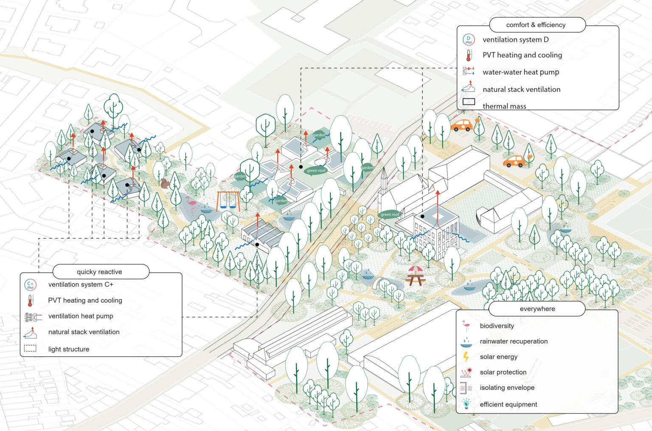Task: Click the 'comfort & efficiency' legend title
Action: coord(536,25)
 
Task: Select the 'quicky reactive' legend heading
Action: coord(99,272)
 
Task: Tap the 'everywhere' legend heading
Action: coord(537,309)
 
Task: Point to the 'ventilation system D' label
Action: coord(515,39)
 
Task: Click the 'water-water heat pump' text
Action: coord(520,72)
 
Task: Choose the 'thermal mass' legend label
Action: coord(504,106)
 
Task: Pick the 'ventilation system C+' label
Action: coord(81,285)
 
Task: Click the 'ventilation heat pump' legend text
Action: coord(81,316)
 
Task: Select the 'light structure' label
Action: coord(69,349)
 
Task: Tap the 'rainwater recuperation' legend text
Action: coord(514,341)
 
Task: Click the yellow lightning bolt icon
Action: coord(466,357)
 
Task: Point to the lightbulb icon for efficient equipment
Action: coord(466,404)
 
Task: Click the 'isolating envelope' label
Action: coord(507,388)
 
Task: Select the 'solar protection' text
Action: coord(503,372)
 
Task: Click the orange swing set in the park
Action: coord(228,201)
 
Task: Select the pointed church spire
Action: coord(384,180)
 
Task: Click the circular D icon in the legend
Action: coord(468,39)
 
